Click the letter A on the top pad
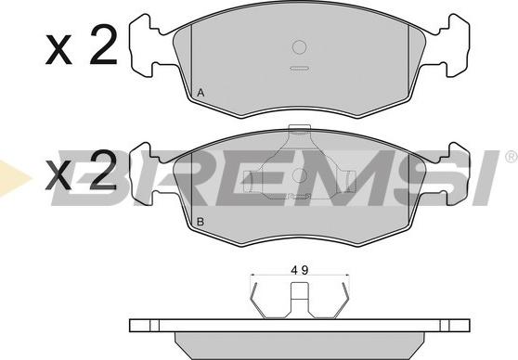tap(201, 93)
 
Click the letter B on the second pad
tap(201, 222)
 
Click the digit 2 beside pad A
tap(103, 44)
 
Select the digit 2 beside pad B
tap(103, 169)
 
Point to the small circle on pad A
tap(300, 47)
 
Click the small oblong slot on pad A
tap(299, 69)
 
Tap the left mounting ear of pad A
tap(146, 45)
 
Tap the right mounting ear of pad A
tap(453, 45)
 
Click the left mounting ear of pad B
tap(146, 174)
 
